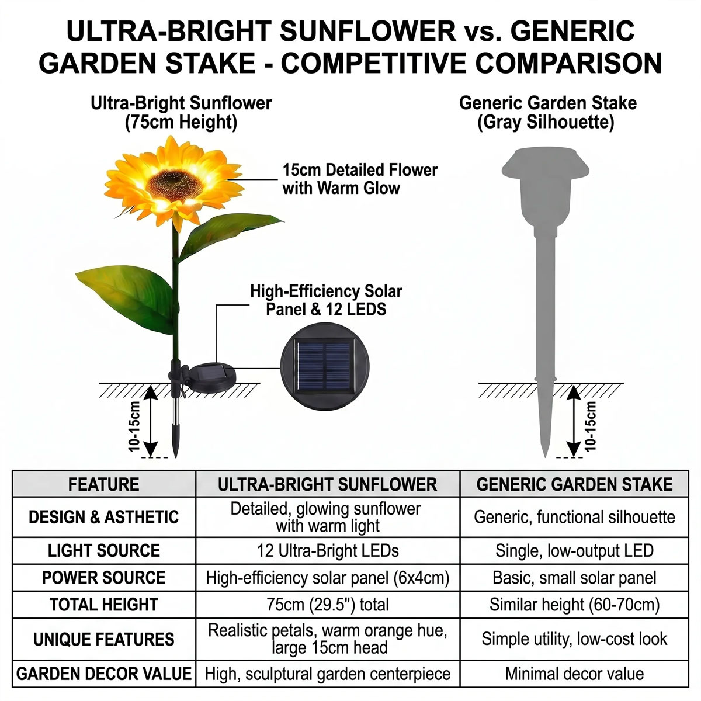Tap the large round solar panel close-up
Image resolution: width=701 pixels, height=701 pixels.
pos(325,367)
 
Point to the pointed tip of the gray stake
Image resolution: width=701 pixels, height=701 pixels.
pos(545,456)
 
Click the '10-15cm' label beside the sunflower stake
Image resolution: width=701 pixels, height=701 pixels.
pos(134,426)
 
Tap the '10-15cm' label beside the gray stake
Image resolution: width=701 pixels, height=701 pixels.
pos(591,426)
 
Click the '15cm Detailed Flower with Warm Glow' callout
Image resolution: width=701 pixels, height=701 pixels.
pos(360,179)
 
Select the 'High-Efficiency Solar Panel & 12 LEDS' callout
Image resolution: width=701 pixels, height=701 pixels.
pos(326,300)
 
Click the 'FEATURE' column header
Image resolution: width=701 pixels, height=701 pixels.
pos(103,484)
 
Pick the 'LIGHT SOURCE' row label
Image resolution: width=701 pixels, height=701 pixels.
pos(103,551)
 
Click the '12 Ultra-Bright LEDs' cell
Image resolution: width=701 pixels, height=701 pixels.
pos(328,551)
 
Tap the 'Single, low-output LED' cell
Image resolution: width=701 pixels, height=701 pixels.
pos(574,551)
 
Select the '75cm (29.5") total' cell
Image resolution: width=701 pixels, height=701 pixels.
pos(328,605)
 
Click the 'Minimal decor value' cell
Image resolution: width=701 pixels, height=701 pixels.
pos(574,674)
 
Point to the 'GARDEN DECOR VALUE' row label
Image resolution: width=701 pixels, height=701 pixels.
pos(103,674)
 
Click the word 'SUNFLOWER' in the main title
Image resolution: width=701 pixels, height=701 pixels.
pos(367,31)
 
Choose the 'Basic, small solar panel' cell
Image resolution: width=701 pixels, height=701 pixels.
pos(574,578)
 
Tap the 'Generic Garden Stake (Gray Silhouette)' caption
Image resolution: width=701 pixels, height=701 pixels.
pos(547,113)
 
